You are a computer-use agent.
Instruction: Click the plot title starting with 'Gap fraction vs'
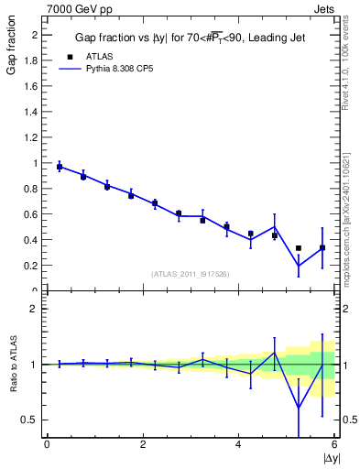click(189, 38)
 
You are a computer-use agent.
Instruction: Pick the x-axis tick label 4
click(238, 445)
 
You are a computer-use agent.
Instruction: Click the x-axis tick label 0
click(47, 445)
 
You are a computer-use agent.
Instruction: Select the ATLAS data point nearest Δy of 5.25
click(299, 248)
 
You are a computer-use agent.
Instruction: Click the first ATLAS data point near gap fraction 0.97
click(60, 167)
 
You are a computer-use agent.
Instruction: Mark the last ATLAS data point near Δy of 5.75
click(322, 247)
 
